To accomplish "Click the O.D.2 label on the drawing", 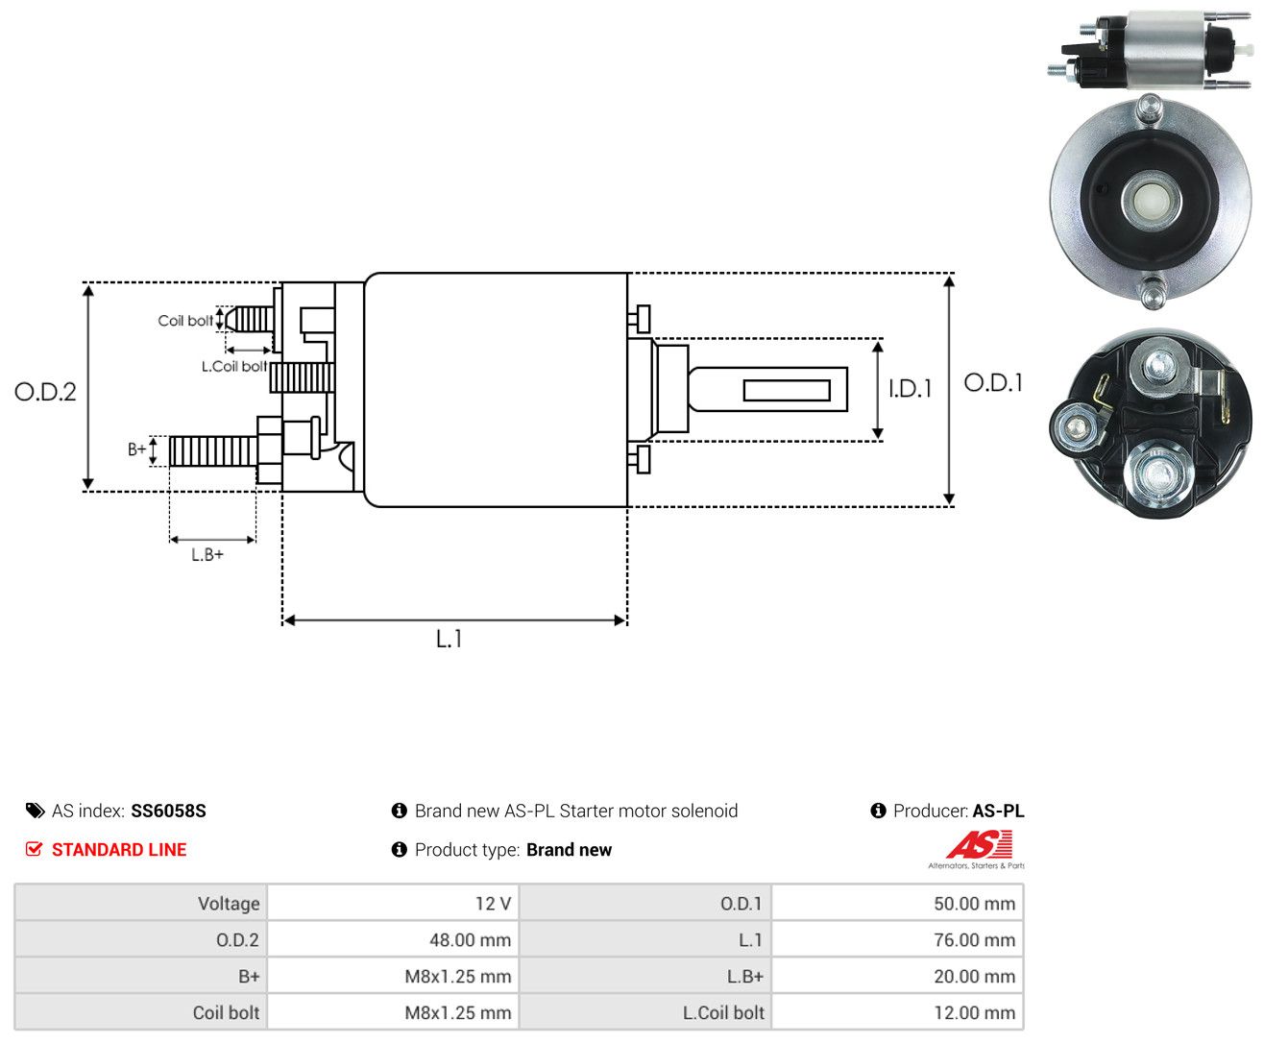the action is point(45,392).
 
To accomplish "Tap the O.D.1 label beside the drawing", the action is point(993,382).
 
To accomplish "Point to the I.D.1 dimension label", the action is point(910,389).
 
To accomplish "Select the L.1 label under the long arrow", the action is point(449,639).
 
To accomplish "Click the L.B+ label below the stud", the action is point(207,554).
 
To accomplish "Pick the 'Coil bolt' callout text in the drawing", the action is point(185,320).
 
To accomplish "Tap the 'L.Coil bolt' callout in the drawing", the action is point(233,366).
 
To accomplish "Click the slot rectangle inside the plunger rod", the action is point(786,391).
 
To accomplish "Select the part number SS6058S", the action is point(168,811).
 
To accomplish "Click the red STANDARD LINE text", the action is point(119,849).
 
